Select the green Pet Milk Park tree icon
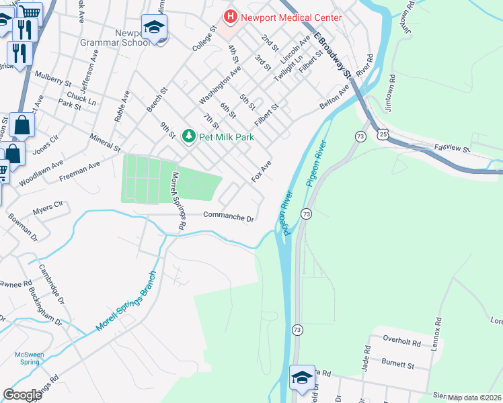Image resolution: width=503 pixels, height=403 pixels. (x=190, y=136)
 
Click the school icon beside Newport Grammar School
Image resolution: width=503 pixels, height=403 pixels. (x=154, y=28)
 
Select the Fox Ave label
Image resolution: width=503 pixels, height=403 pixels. (x=261, y=171)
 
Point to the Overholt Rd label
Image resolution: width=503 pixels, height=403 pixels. (x=401, y=343)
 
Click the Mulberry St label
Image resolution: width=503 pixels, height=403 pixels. (x=53, y=79)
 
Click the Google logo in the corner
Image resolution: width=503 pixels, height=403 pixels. (x=22, y=394)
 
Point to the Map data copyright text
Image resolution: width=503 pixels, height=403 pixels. (x=474, y=398)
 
